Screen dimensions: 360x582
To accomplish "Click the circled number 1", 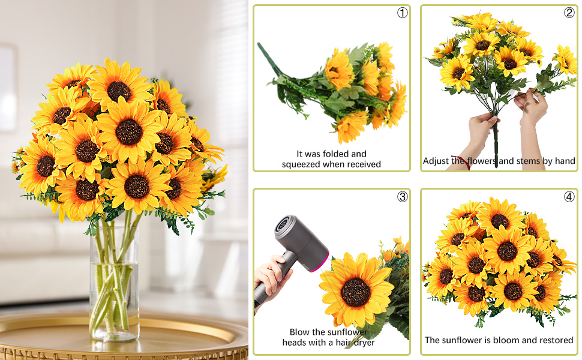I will [x=402, y=13].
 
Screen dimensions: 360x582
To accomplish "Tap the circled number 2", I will [x=569, y=13].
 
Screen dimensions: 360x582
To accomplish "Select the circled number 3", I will [x=402, y=196].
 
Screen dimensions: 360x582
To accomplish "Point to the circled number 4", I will [x=569, y=196].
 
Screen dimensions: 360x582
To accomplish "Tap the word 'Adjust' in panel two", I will [x=436, y=161].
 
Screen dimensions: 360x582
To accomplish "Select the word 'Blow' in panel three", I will [x=300, y=332].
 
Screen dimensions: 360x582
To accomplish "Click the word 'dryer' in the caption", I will [x=362, y=343].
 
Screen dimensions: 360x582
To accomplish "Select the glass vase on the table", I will [x=114, y=282].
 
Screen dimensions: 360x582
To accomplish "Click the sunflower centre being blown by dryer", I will [x=355, y=292].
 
